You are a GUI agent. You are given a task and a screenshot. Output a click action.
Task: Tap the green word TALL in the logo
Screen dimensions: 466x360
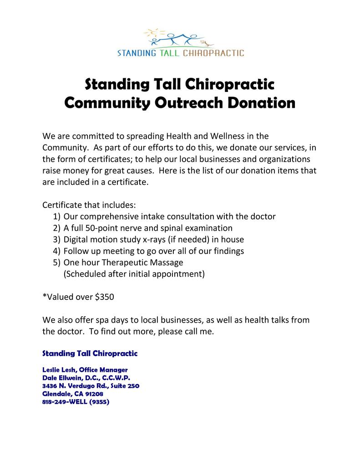pos(168,53)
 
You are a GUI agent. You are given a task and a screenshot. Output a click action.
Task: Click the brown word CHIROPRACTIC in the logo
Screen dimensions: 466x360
pos(213,53)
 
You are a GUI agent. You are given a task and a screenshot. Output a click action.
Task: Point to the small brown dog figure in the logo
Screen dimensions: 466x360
pos(209,43)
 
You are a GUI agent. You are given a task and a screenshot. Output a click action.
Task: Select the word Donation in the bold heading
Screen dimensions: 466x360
pos(261,102)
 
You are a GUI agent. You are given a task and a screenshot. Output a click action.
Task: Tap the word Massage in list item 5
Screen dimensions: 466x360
pos(167,263)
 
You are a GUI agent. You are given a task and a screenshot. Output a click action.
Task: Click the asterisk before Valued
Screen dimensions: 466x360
pos(44,296)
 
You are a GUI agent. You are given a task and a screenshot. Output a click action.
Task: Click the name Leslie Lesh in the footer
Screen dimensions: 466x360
pos(58,370)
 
